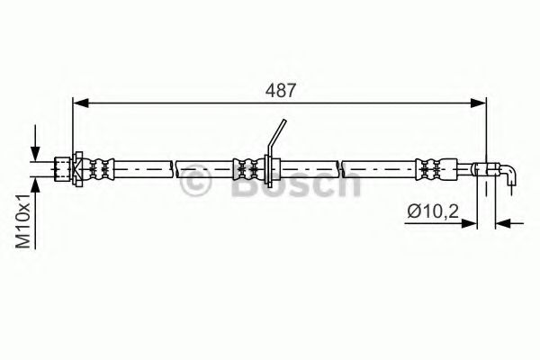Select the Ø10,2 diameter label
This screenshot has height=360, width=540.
(x=428, y=213)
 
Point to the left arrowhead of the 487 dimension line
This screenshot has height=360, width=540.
(x=78, y=104)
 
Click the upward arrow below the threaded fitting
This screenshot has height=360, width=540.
(x=36, y=184)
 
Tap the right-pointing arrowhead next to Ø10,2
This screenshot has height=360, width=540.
(x=475, y=221)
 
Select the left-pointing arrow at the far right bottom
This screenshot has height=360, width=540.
(x=505, y=221)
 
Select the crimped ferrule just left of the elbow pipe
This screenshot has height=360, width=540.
(x=428, y=166)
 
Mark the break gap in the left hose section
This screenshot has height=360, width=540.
(x=173, y=166)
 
